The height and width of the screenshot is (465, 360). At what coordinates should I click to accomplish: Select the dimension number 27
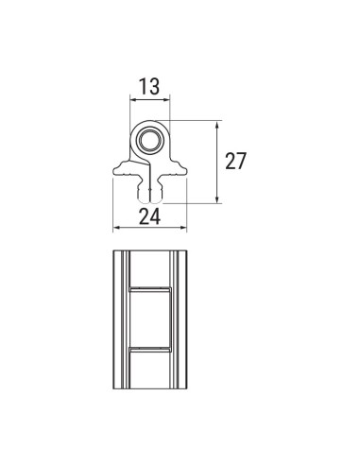pyautogui.click(x=235, y=161)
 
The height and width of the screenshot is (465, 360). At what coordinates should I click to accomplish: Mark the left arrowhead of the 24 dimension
pyautogui.click(x=116, y=228)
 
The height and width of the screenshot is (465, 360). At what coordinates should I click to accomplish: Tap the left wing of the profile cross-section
pyautogui.click(x=126, y=171)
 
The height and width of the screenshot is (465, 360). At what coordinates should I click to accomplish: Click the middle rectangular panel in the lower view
pyautogui.click(x=148, y=318)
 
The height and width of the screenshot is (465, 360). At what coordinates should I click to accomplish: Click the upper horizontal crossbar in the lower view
pyautogui.click(x=148, y=285)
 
